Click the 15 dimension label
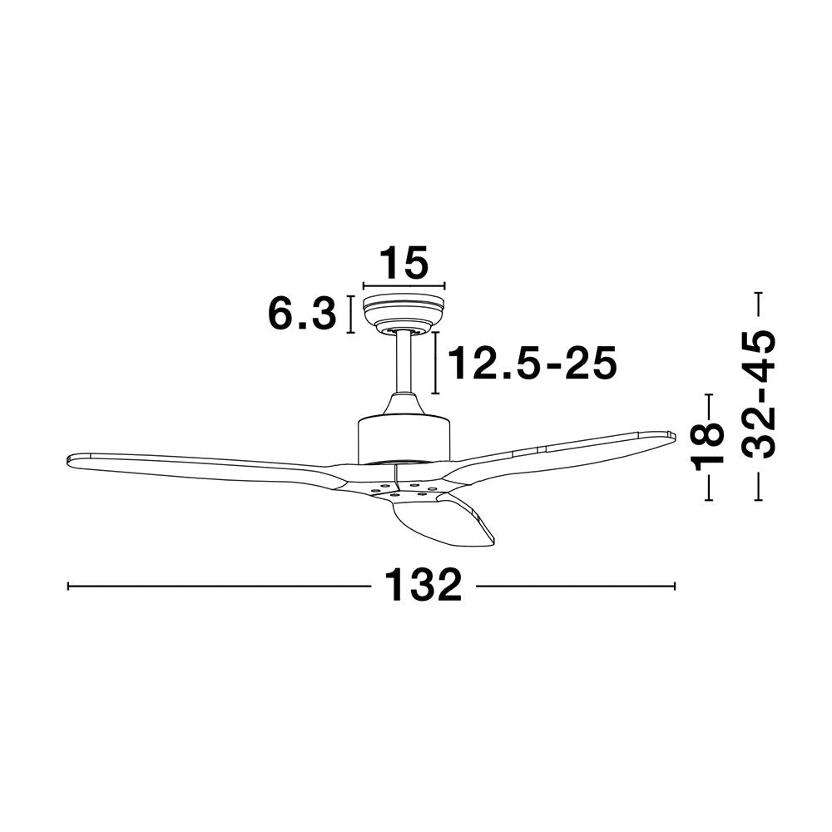coord(404,262)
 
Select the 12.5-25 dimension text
coord(532,363)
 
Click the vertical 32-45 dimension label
coord(759,394)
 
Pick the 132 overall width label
coord(423,585)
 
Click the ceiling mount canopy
coord(404,314)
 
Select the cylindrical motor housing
coord(404,439)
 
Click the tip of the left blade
coord(68,459)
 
